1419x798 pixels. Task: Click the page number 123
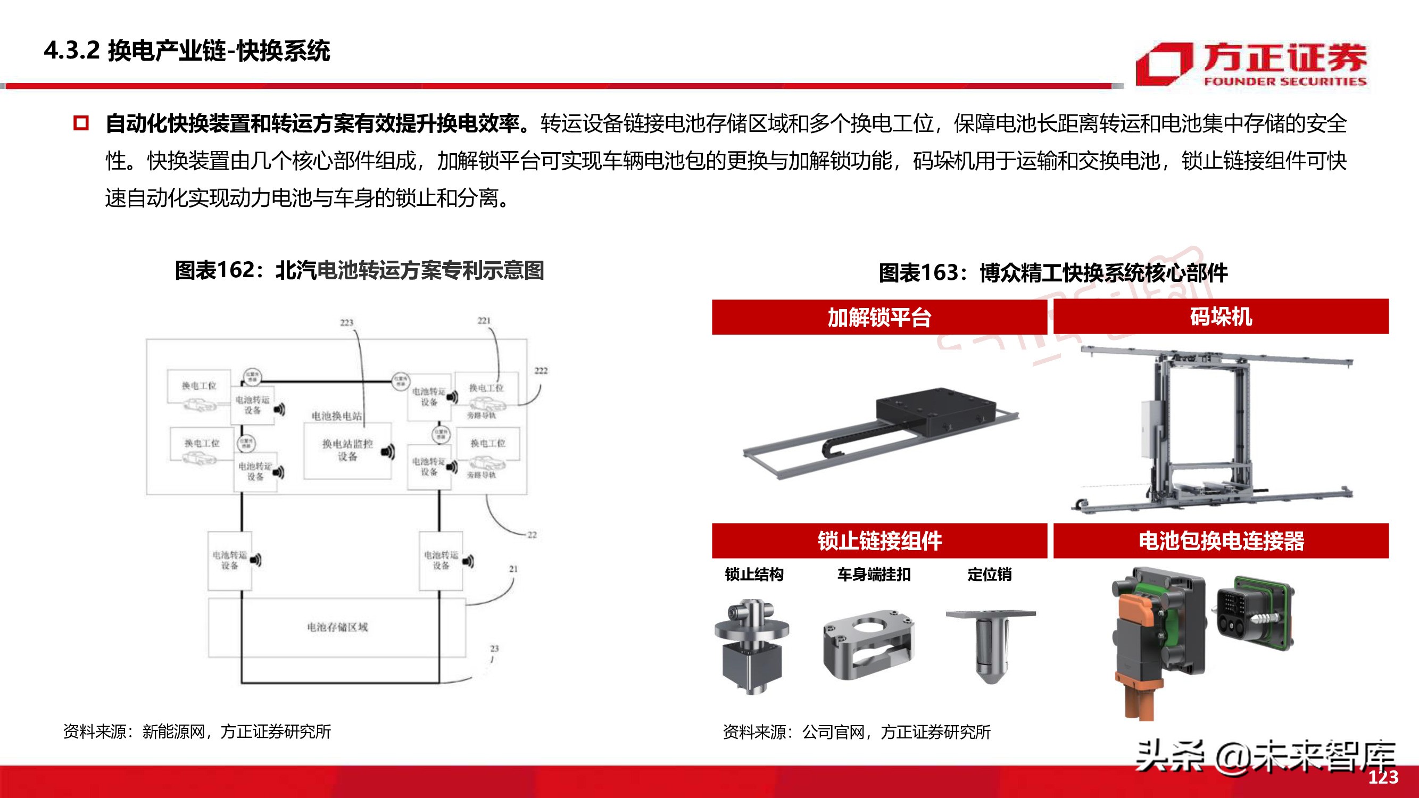point(1383,777)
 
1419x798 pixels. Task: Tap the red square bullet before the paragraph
point(81,123)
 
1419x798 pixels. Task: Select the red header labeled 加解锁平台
point(879,317)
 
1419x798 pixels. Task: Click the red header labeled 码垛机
point(1221,317)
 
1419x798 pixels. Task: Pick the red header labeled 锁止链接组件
point(879,541)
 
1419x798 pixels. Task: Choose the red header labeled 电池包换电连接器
point(1221,541)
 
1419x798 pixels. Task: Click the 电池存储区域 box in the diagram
point(337,627)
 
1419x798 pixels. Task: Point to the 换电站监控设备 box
point(347,451)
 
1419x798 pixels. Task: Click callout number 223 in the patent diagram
point(346,322)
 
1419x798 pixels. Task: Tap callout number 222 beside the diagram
point(541,371)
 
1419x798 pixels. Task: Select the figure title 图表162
point(359,270)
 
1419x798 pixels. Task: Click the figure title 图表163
point(1053,272)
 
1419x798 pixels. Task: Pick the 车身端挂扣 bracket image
point(868,644)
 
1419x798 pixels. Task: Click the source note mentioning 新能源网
point(197,731)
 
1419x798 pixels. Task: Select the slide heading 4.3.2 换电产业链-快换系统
point(187,51)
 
